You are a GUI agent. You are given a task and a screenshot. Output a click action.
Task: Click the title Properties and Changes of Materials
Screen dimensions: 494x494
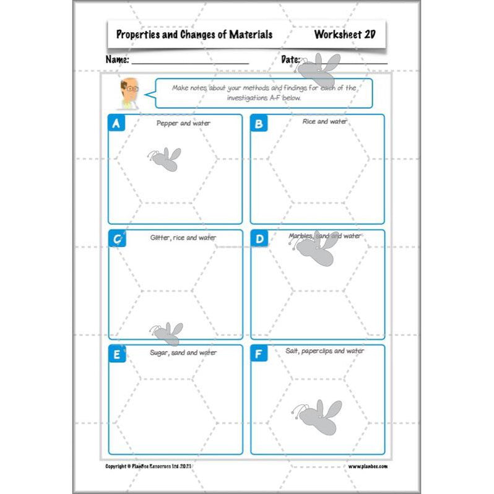click(194, 35)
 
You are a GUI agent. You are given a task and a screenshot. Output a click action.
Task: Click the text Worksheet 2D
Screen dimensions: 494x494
click(345, 35)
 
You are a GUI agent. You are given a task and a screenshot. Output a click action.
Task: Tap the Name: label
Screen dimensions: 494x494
click(117, 60)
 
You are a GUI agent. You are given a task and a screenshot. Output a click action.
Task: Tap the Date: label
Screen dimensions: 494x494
click(290, 60)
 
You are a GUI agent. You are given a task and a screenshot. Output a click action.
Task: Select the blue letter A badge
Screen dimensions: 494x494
click(116, 123)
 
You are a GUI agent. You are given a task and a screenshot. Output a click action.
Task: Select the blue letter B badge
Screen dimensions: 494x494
click(258, 123)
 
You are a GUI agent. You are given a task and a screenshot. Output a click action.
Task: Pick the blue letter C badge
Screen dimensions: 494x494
click(116, 238)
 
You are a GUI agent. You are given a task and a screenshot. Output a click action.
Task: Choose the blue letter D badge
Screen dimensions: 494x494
click(259, 238)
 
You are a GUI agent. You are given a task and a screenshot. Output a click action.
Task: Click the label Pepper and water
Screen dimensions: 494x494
click(183, 123)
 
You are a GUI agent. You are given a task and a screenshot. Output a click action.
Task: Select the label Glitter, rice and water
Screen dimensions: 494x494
click(183, 237)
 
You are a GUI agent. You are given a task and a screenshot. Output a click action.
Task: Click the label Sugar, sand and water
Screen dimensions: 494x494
click(183, 352)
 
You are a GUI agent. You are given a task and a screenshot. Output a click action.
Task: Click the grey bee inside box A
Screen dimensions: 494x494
click(164, 159)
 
